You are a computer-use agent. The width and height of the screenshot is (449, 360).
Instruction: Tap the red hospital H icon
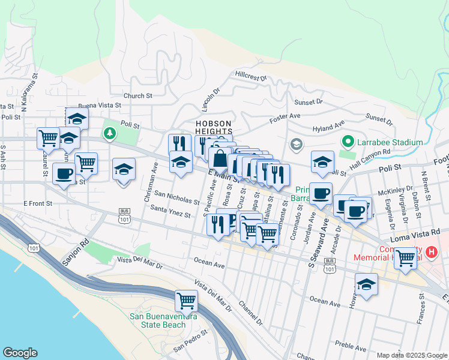pos(432,253)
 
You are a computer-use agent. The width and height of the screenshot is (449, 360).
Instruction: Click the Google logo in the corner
pos(20,353)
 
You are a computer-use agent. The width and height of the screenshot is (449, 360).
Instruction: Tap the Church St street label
pos(137,96)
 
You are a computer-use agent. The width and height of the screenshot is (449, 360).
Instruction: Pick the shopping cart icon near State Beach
pos(186,299)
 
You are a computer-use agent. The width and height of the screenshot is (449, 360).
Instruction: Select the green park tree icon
pos(110,132)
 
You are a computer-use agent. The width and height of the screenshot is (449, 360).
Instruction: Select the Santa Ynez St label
pos(170,211)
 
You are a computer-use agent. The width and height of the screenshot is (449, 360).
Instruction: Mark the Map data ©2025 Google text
pos(411,355)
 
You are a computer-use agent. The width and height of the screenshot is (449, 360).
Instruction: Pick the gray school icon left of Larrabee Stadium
pos(296,144)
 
